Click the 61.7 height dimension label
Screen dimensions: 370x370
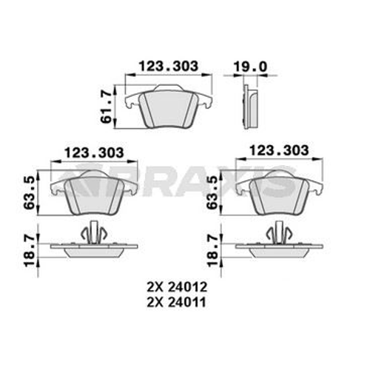click(x=108, y=103)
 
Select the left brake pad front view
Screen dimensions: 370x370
click(x=94, y=193)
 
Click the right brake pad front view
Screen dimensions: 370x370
click(x=278, y=193)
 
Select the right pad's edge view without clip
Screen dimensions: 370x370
click(x=278, y=248)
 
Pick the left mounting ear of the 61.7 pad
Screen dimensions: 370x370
click(x=132, y=101)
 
